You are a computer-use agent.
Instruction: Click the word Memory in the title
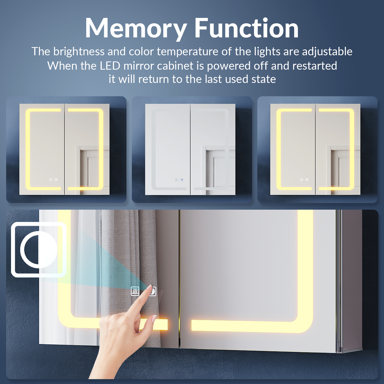point(136,29)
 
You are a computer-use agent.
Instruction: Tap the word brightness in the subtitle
point(79,52)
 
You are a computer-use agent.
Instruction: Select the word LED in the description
point(110,66)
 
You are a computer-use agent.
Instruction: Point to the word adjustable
point(327,52)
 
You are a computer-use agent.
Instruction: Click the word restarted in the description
point(315,66)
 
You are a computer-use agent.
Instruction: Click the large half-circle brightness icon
point(39,250)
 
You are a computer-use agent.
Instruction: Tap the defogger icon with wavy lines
point(135,291)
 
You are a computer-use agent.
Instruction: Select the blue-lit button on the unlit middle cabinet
point(182,180)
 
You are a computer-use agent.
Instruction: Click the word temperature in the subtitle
point(188,52)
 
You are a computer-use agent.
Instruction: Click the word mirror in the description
point(139,66)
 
